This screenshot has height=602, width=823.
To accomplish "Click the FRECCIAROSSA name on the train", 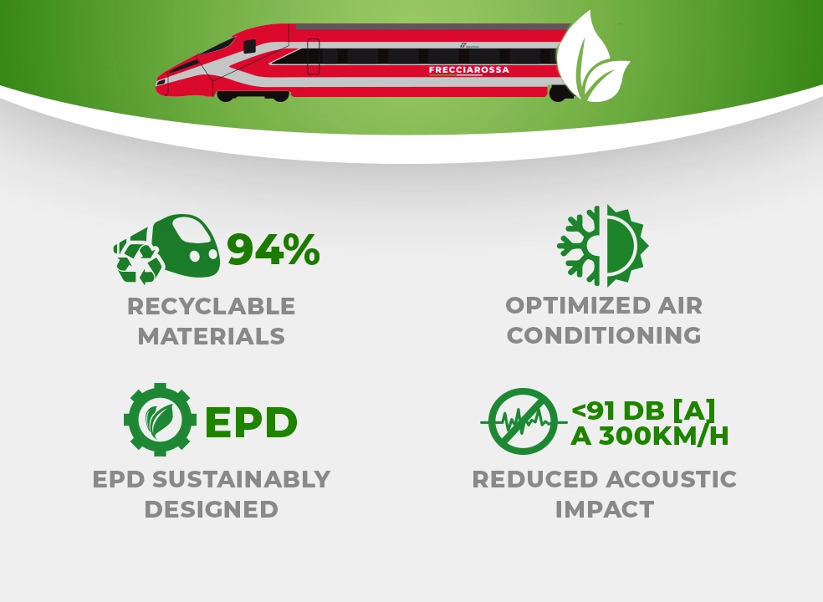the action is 468,69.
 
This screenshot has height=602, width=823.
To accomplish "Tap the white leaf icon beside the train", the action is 593,57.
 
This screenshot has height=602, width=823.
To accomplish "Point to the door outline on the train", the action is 314,57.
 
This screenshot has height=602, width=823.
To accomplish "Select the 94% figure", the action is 273,249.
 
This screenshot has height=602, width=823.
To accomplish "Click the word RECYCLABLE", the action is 211,307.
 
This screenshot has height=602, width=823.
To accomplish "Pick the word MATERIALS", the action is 211,336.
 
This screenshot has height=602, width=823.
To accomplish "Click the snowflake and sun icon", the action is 603,246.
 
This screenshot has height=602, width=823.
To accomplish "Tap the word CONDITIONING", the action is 604,335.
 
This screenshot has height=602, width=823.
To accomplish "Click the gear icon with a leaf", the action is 160,420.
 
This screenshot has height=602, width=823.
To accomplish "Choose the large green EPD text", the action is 251,422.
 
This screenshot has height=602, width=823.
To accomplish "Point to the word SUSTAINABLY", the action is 242,479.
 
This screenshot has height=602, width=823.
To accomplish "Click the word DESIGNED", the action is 211,509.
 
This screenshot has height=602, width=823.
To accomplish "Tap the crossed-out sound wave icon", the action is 524,421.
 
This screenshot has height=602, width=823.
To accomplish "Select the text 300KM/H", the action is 663,436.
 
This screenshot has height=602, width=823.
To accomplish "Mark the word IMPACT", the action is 605,509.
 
